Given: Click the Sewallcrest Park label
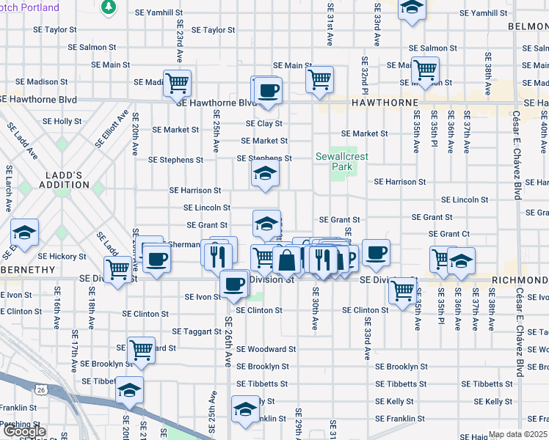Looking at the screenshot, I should (335, 161).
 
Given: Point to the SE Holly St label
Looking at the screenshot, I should (62, 121).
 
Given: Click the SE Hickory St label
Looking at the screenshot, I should (62, 257).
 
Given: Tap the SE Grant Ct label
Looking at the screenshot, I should (449, 234).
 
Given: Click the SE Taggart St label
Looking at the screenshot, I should (192, 331).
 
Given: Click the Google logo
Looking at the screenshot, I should (24, 432).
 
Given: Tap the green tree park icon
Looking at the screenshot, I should (109, 7).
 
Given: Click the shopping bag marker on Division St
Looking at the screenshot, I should (286, 260).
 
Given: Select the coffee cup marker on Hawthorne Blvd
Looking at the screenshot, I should (267, 90).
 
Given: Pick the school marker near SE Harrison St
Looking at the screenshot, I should (266, 174).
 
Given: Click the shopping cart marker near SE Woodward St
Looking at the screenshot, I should (141, 350).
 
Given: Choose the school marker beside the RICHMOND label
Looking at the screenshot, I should (461, 260).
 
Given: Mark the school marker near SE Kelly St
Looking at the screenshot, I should (244, 408).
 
